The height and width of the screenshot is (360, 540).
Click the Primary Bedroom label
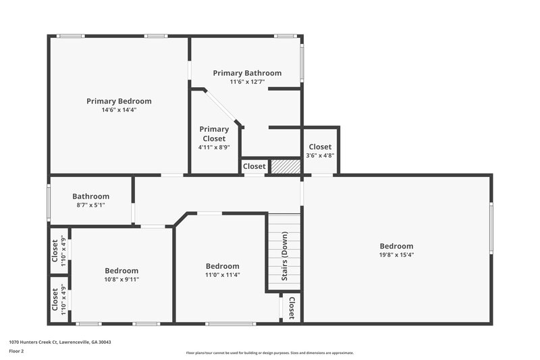119,101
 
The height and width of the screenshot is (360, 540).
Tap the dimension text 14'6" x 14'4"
119,109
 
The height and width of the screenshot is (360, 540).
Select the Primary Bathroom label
247,73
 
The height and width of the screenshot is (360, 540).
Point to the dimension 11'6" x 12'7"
247,82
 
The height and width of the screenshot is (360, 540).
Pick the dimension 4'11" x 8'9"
214,147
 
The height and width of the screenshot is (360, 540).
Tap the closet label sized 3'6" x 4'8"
320,147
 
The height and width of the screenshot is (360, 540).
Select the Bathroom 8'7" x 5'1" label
90,197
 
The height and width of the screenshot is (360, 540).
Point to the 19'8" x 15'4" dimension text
396,255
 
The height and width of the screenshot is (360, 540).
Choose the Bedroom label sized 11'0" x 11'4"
222,266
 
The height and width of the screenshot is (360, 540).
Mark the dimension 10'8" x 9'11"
122,280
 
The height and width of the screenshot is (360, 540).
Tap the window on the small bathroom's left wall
49,201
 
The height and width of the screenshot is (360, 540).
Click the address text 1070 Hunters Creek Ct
60,342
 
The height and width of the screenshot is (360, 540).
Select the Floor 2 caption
17,351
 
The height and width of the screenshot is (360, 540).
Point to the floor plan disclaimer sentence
269,353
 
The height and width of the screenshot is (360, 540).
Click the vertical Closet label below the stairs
292,308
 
